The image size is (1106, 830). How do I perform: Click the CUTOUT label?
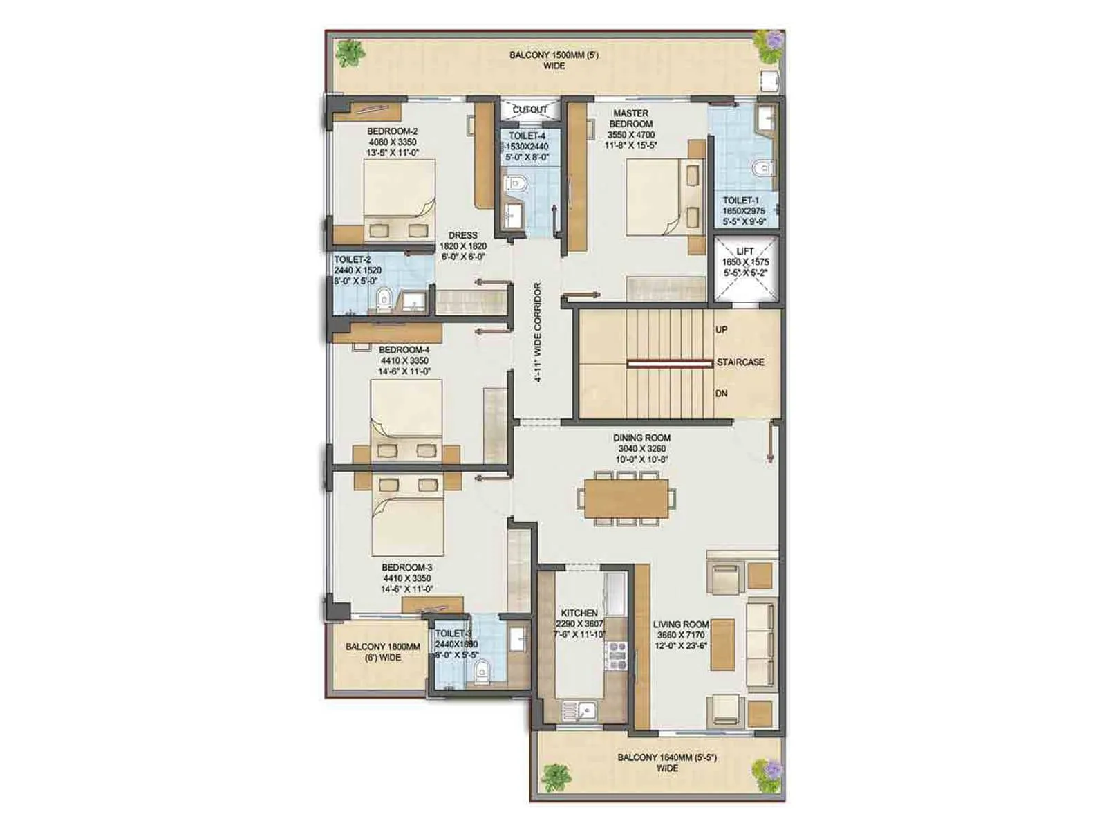529,110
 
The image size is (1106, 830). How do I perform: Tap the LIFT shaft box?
745,270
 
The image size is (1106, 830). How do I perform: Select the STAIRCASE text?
740,362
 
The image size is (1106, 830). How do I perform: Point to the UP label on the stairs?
721,330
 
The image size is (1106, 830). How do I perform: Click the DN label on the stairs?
721,394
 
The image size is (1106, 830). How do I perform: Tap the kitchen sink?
578,710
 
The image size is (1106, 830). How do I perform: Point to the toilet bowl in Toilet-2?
384,299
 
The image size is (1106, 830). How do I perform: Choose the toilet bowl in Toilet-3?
482,669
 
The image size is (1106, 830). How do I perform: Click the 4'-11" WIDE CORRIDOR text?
537,332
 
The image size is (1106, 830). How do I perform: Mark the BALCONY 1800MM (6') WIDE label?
382,652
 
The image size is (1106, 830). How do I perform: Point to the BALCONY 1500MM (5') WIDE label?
554,60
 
